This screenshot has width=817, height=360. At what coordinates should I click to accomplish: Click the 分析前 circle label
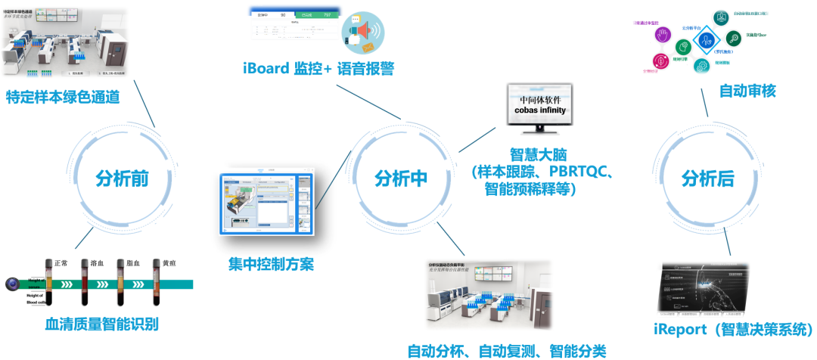click(122, 179)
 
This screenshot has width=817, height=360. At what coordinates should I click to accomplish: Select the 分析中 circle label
click(401, 179)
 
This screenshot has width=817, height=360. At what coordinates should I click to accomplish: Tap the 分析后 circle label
click(707, 179)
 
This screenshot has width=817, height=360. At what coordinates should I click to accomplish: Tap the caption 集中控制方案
click(271, 264)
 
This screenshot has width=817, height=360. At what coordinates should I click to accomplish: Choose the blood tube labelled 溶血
click(85, 284)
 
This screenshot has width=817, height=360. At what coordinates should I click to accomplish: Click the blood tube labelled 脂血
click(121, 284)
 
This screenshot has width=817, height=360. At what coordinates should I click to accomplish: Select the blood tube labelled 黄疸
click(157, 284)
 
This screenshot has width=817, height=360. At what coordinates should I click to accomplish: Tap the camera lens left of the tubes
click(13, 284)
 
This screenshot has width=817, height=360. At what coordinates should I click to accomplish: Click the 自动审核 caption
click(747, 92)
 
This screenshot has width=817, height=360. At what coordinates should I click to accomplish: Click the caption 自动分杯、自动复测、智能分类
click(506, 350)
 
